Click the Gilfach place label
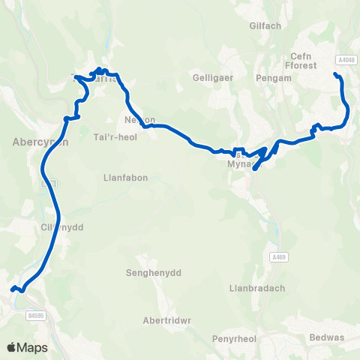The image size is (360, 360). click(x=265, y=25)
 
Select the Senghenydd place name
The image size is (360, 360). click(x=154, y=272)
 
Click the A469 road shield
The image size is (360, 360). click(x=278, y=257)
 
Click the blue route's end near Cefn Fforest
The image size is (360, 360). click(x=334, y=73)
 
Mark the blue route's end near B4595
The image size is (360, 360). click(x=12, y=289)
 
